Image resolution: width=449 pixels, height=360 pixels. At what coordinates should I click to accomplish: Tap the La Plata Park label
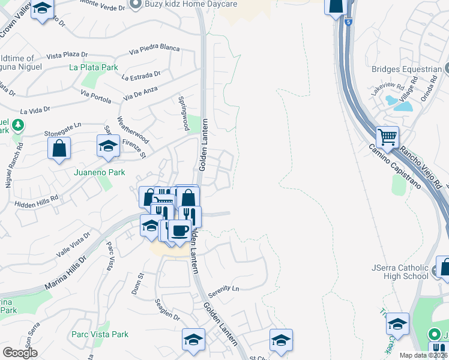tap(93, 68)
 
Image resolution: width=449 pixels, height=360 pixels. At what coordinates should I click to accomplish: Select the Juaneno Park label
tap(99, 172)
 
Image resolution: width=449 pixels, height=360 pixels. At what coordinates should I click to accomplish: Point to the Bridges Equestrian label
tap(406, 70)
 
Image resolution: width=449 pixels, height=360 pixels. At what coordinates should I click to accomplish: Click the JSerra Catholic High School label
tap(400, 272)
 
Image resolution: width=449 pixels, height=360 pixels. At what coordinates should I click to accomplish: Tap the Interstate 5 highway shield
tap(349, 22)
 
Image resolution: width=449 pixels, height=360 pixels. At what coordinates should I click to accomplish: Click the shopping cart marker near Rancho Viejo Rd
tap(387, 137)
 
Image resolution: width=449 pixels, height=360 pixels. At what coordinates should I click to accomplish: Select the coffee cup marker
tap(179, 230)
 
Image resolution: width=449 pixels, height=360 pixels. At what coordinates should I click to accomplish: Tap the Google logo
tap(20, 353)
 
